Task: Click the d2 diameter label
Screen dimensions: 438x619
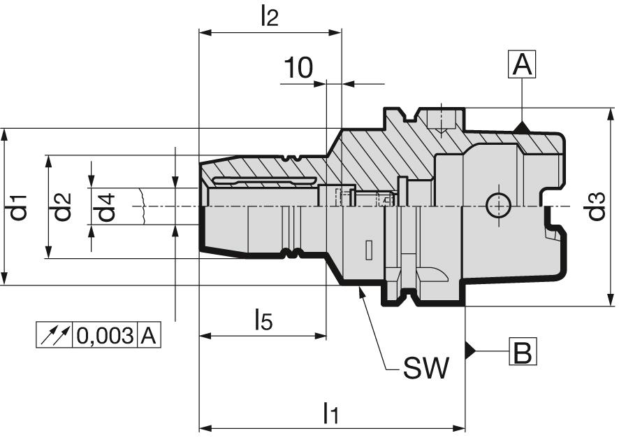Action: click(63, 206)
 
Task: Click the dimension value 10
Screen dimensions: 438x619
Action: click(298, 68)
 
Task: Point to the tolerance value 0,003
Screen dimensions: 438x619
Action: click(105, 336)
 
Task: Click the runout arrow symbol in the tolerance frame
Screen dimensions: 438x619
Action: click(54, 336)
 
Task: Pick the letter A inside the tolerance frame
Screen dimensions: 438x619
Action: click(148, 336)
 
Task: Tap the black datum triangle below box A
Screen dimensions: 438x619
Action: click(521, 127)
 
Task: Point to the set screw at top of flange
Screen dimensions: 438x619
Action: click(441, 120)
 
